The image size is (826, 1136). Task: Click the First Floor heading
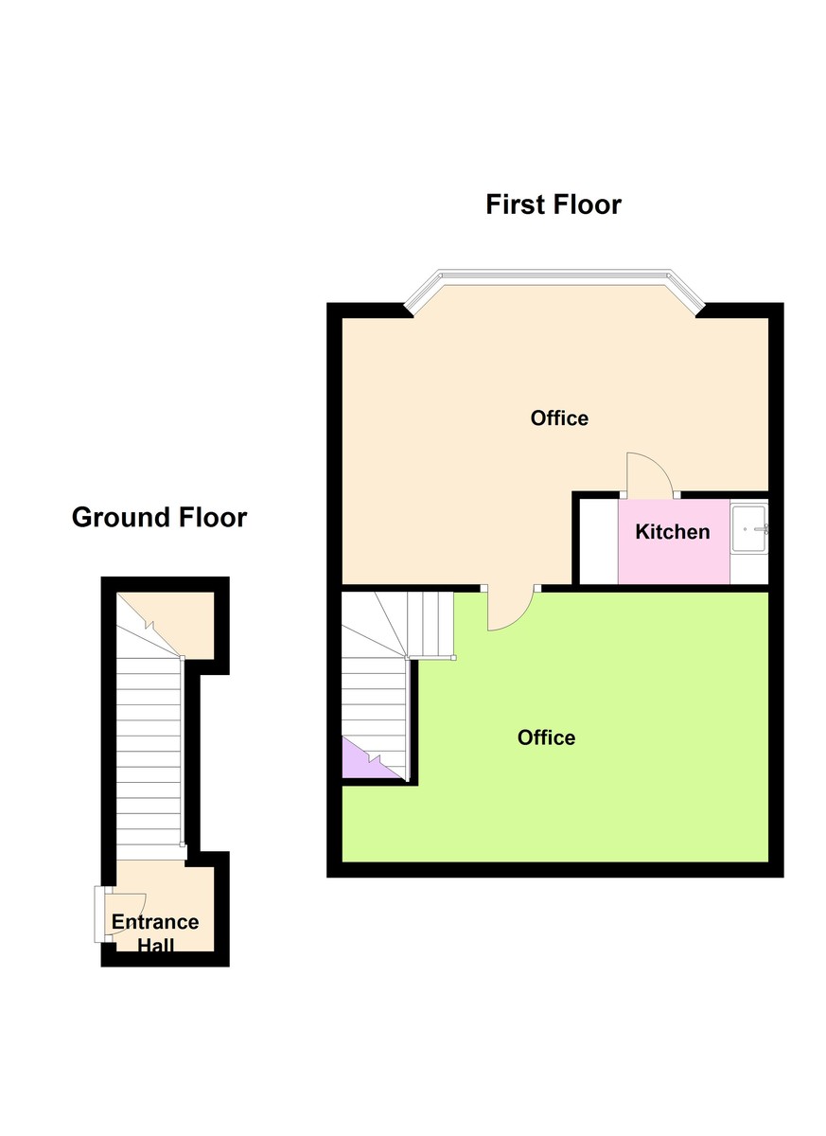click(554, 204)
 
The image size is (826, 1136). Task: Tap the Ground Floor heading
click(159, 517)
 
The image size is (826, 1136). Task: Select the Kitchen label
click(673, 532)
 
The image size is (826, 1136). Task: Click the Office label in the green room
click(546, 737)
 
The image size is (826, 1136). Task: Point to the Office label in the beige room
click(559, 417)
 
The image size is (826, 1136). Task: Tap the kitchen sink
click(749, 529)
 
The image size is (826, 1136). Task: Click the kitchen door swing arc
click(659, 463)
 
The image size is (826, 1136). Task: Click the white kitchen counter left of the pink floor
click(599, 541)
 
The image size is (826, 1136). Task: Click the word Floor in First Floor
click(587, 204)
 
